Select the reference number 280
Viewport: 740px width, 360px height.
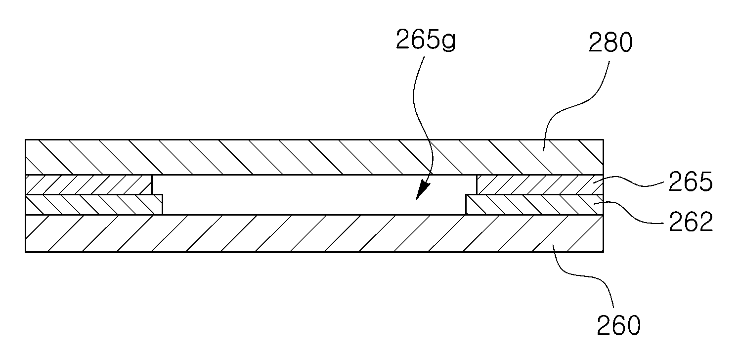610,43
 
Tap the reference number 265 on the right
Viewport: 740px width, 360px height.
691,181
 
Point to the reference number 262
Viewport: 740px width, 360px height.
691,221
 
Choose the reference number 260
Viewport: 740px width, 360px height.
618,325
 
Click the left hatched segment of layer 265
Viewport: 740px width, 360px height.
88,184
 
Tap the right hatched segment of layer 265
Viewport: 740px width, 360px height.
540,184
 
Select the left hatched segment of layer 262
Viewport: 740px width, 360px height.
94,205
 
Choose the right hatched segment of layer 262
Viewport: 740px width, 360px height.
534,205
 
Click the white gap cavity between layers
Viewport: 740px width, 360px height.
314,195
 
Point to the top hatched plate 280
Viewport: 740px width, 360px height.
314,157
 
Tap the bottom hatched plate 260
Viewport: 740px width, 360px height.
314,233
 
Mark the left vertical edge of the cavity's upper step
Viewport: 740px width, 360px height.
152,185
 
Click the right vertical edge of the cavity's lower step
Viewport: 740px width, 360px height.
466,205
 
